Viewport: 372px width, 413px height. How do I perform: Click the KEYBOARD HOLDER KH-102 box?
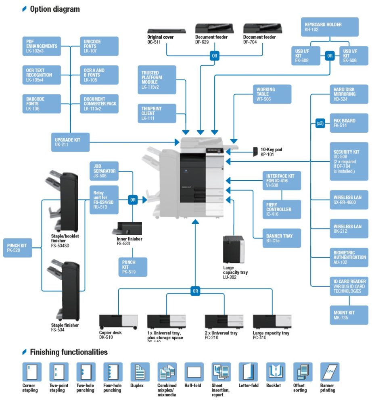point(329,27)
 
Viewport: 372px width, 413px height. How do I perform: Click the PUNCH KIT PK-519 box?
point(134,267)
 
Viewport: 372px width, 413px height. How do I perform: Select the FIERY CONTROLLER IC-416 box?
point(282,209)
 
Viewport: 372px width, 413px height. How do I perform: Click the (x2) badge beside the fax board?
point(320,123)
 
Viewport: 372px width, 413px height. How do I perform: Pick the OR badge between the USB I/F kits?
point(330,56)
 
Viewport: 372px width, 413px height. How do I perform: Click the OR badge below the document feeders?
point(215,56)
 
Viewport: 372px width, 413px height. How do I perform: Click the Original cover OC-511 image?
point(166,30)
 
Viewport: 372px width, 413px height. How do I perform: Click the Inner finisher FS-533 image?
point(129,229)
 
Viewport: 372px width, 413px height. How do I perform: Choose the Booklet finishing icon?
point(276,372)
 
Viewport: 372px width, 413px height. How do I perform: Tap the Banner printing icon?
point(330,372)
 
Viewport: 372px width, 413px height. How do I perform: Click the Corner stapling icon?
point(31,372)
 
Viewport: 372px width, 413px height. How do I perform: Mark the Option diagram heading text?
point(55,9)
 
